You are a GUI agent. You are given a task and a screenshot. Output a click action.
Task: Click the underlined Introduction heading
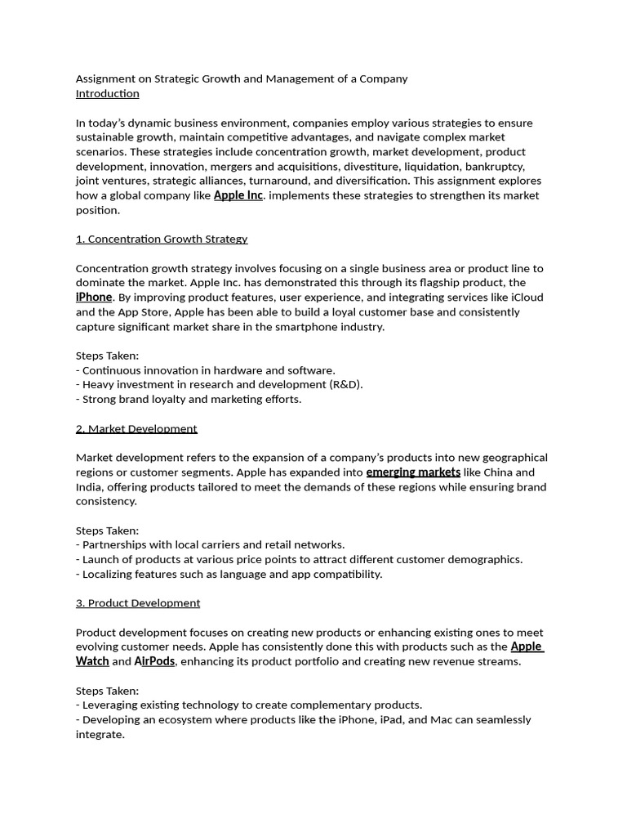pyautogui.click(x=107, y=93)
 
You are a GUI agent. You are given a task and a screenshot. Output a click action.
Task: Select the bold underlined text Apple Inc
pyautogui.click(x=238, y=195)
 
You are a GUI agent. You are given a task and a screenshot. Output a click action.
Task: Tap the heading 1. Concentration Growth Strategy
pyautogui.click(x=162, y=239)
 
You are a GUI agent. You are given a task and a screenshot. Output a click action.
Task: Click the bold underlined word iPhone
pyautogui.click(x=94, y=298)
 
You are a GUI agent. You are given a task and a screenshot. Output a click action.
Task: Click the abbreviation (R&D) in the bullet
pyautogui.click(x=345, y=384)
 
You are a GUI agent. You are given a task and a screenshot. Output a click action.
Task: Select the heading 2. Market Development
pyautogui.click(x=136, y=428)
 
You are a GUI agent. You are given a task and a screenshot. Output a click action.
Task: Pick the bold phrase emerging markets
pyautogui.click(x=413, y=472)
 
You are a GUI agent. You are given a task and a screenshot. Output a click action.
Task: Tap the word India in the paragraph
pyautogui.click(x=89, y=486)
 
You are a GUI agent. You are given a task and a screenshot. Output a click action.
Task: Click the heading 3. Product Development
pyautogui.click(x=138, y=602)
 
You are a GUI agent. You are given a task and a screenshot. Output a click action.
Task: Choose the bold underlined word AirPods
pyautogui.click(x=154, y=661)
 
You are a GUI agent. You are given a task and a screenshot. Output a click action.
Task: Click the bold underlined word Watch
pyautogui.click(x=92, y=661)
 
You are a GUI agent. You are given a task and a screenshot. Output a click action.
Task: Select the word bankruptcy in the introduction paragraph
pyautogui.click(x=496, y=166)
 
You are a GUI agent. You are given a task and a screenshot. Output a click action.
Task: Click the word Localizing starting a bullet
pyautogui.click(x=109, y=574)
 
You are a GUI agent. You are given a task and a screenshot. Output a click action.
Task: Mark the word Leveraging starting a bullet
pyautogui.click(x=113, y=705)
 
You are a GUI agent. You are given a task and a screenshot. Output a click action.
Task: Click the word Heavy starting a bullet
pyautogui.click(x=99, y=384)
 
